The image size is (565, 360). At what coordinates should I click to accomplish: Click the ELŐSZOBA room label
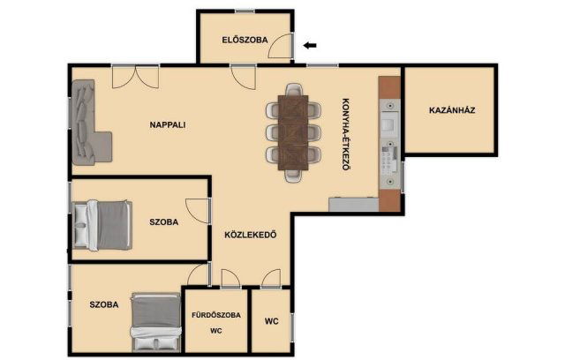point(245,40)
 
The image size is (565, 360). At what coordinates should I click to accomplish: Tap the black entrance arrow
point(310,45)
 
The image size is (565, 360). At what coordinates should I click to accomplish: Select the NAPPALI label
point(168,125)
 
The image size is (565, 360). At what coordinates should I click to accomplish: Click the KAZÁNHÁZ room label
point(452,110)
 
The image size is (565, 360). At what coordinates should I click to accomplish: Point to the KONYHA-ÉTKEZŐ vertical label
point(345,134)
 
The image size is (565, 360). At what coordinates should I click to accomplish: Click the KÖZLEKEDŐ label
point(251,235)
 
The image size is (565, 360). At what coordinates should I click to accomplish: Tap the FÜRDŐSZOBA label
point(216,315)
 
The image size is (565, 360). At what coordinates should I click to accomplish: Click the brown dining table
point(293,132)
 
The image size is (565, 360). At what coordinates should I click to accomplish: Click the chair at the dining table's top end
point(293,90)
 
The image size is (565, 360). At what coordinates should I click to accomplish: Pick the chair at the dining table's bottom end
point(293,176)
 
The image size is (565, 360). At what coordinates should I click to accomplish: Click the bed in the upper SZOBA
point(102,225)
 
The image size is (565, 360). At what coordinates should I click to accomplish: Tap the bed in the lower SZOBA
point(156,322)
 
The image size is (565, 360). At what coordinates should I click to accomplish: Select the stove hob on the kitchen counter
point(389,159)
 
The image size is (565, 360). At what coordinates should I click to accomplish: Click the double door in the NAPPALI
point(135,77)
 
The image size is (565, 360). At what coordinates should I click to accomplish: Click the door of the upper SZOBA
point(197,211)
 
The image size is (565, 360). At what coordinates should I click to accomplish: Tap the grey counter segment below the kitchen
point(353,204)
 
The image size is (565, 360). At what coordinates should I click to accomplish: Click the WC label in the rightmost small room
point(272,321)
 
